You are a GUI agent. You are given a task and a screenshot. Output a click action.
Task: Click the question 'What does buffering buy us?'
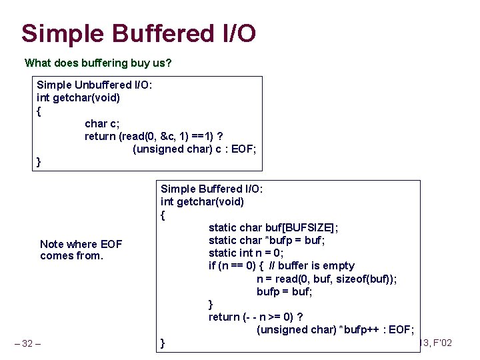pos(98,63)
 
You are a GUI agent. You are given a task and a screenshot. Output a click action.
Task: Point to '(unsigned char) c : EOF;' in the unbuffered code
pos(194,149)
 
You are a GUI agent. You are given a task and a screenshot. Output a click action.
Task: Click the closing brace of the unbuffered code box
pos(39,162)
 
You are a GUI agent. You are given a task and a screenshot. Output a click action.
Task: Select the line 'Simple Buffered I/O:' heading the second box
pos(212,189)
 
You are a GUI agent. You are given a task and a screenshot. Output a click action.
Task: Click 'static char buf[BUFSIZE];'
pos(273,227)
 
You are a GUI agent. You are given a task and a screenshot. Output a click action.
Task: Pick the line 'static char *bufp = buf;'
pos(267,240)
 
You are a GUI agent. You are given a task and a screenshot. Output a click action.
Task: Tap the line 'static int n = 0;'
pos(246,253)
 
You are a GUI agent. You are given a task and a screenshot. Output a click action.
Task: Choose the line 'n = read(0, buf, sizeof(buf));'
pos(327,279)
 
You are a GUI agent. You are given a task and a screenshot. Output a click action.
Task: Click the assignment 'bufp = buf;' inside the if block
pos(285,291)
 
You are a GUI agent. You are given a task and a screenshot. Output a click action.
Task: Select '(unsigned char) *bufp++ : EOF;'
pos(335,329)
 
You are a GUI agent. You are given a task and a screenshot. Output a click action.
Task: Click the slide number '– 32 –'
pos(27,343)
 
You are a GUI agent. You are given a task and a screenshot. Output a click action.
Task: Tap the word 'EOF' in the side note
pos(109,244)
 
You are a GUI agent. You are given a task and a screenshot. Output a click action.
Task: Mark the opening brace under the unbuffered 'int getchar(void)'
pos(39,111)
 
